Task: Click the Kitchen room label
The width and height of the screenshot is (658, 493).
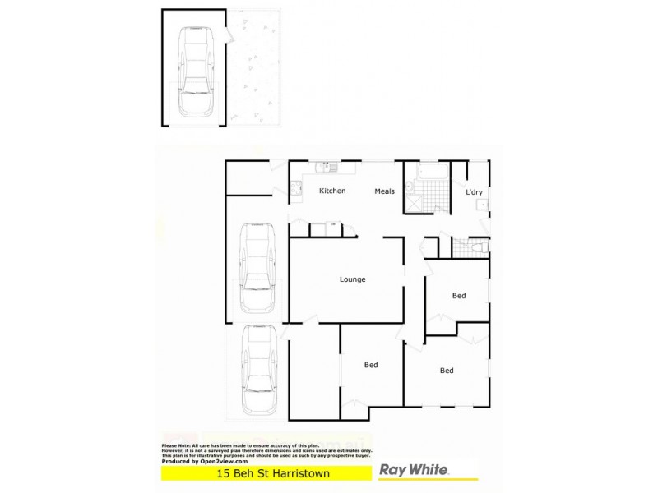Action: (x=332, y=191)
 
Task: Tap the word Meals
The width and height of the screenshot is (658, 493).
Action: (x=385, y=191)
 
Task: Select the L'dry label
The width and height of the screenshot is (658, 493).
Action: (x=474, y=192)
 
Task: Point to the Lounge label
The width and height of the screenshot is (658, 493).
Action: (x=352, y=279)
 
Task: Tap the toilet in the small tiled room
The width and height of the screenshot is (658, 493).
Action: (x=480, y=246)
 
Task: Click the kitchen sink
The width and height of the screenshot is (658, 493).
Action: (x=325, y=167)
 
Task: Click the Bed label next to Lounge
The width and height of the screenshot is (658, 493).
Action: (x=459, y=296)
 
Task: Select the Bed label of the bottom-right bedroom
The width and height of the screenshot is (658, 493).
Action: (x=447, y=371)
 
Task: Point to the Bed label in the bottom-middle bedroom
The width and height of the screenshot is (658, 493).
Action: (x=371, y=365)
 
